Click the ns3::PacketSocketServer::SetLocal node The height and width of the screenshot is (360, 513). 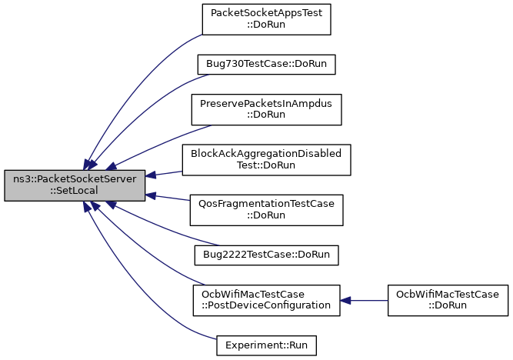75,185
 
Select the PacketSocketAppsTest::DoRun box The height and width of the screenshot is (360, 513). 266,19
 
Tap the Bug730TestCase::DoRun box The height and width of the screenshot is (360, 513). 266,64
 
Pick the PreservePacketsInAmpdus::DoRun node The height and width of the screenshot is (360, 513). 266,108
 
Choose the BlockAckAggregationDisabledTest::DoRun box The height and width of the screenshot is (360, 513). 266,159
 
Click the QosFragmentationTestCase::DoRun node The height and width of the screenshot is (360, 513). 266,209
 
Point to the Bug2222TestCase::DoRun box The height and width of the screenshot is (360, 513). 266,253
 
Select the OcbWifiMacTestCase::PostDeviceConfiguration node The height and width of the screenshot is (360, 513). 266,300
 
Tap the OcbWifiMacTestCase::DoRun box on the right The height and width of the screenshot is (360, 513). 447,300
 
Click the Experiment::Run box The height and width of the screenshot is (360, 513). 266,345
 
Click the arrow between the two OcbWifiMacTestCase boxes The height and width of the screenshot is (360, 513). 363,300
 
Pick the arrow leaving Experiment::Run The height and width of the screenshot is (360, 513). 138,292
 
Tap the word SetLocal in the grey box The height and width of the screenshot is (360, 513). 75,192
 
